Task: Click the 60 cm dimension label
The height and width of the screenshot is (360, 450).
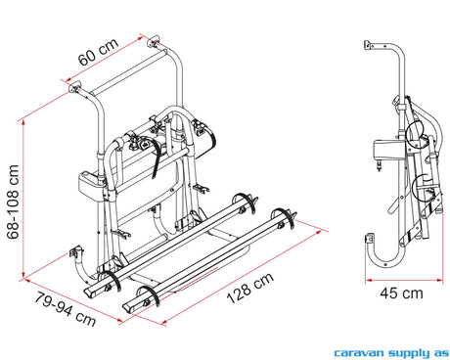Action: [98, 52]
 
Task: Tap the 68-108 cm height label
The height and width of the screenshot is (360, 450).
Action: [13, 202]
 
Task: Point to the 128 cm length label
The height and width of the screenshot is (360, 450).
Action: [250, 288]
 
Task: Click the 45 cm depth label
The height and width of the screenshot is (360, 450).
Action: [401, 293]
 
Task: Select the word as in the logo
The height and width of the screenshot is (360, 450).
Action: [440, 353]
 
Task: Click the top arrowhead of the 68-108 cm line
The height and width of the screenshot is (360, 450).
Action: [23, 122]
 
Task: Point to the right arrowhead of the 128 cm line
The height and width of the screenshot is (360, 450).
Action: [319, 232]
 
